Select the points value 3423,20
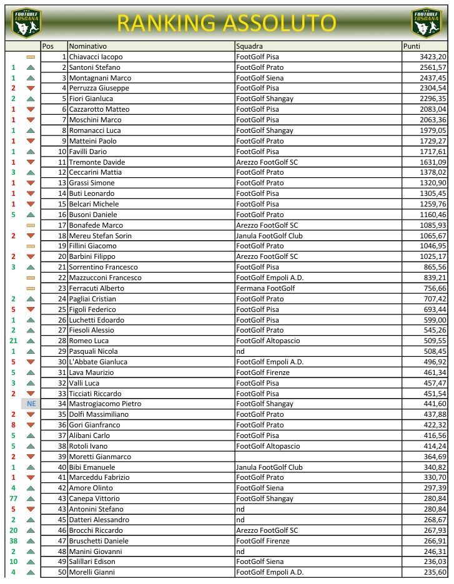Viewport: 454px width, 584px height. (x=433, y=57)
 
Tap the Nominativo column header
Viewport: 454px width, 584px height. (x=88, y=46)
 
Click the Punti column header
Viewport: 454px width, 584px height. (x=412, y=46)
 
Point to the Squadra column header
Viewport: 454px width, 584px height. (x=249, y=46)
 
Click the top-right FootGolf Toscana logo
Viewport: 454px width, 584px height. (x=427, y=22)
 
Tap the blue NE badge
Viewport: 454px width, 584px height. (x=31, y=404)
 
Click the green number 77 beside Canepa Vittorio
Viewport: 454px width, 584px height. (x=13, y=499)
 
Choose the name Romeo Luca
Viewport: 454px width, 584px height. (x=89, y=341)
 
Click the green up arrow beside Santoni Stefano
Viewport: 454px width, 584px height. (x=31, y=67)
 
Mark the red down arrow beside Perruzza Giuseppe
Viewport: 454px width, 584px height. (x=31, y=89)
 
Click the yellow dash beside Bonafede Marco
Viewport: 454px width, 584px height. (x=31, y=225)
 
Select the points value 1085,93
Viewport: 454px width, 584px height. (x=433, y=225)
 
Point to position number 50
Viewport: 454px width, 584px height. (x=62, y=572)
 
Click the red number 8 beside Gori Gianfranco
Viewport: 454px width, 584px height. (x=13, y=425)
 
